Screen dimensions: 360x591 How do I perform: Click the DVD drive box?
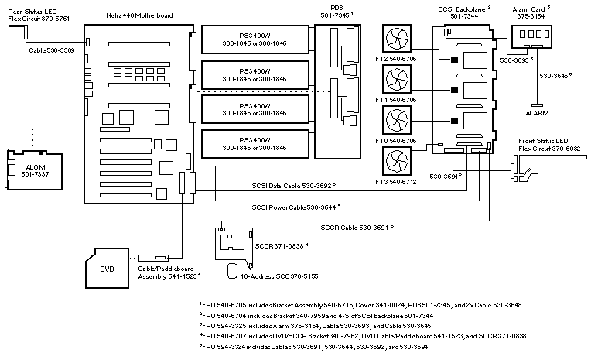coord(109,271)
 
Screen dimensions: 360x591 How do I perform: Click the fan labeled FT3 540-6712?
coord(401,165)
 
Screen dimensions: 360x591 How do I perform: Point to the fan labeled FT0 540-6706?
coord(401,124)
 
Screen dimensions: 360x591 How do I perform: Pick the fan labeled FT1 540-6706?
coord(401,84)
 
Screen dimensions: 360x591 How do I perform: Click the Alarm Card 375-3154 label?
coord(533,12)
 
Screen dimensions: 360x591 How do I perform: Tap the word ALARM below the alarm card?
coord(537,112)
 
